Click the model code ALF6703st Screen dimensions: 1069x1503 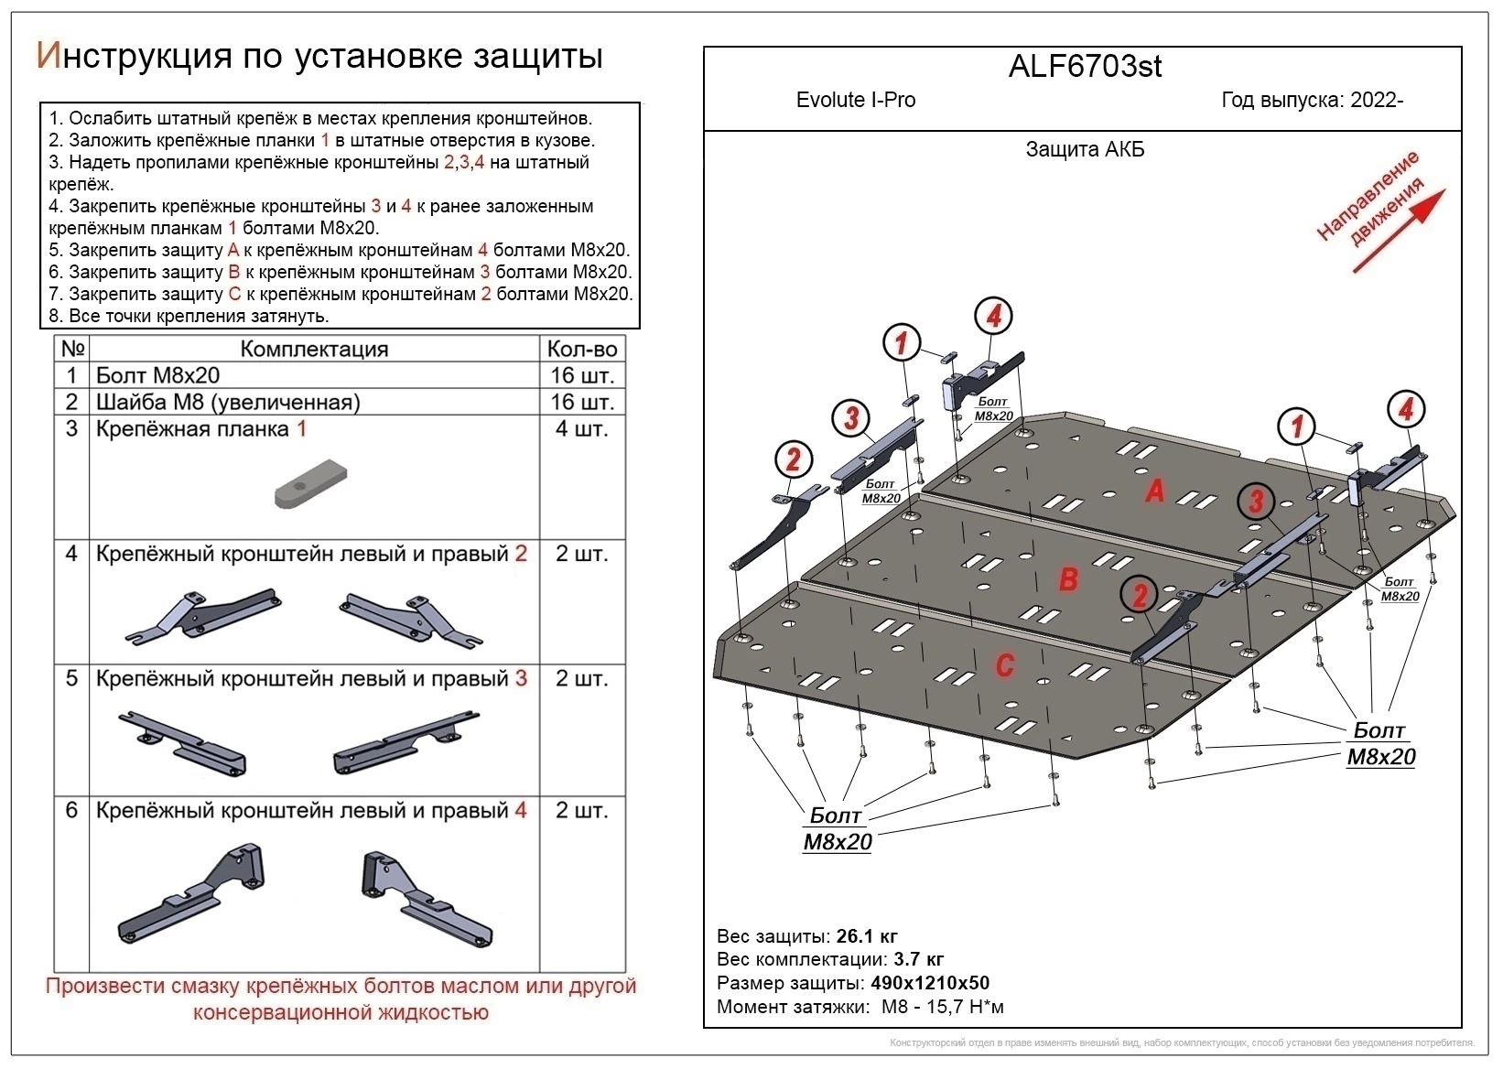click(1085, 67)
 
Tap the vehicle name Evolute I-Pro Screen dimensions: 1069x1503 click(855, 100)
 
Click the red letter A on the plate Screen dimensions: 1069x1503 click(1155, 491)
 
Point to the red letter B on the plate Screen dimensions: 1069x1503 click(1068, 579)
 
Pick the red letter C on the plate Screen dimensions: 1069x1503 click(1004, 664)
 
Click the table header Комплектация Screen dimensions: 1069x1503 click(314, 349)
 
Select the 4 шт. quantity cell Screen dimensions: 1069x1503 click(581, 428)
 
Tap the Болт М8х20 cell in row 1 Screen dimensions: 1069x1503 click(157, 375)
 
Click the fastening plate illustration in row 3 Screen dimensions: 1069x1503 click(311, 485)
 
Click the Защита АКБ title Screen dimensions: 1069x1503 click(1085, 149)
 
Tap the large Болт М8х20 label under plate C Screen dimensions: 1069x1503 click(837, 828)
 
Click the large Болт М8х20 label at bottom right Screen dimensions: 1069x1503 click(1380, 743)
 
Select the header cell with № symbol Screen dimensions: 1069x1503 click(72, 349)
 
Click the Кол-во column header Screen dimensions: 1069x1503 click(581, 349)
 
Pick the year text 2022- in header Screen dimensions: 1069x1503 click(1377, 100)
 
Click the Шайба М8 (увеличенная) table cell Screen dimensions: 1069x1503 click(228, 402)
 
